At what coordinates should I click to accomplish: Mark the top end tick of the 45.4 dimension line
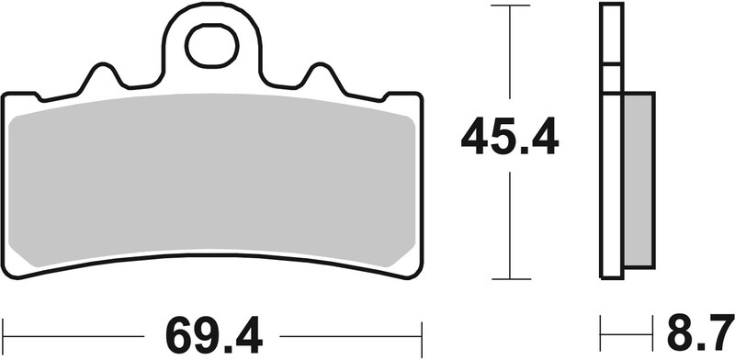(510, 6)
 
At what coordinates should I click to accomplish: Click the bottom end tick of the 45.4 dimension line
(510, 278)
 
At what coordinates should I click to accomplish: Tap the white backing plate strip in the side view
(612, 184)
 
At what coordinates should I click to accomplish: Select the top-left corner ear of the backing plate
(18, 97)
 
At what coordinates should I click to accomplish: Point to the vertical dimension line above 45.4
(510, 55)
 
